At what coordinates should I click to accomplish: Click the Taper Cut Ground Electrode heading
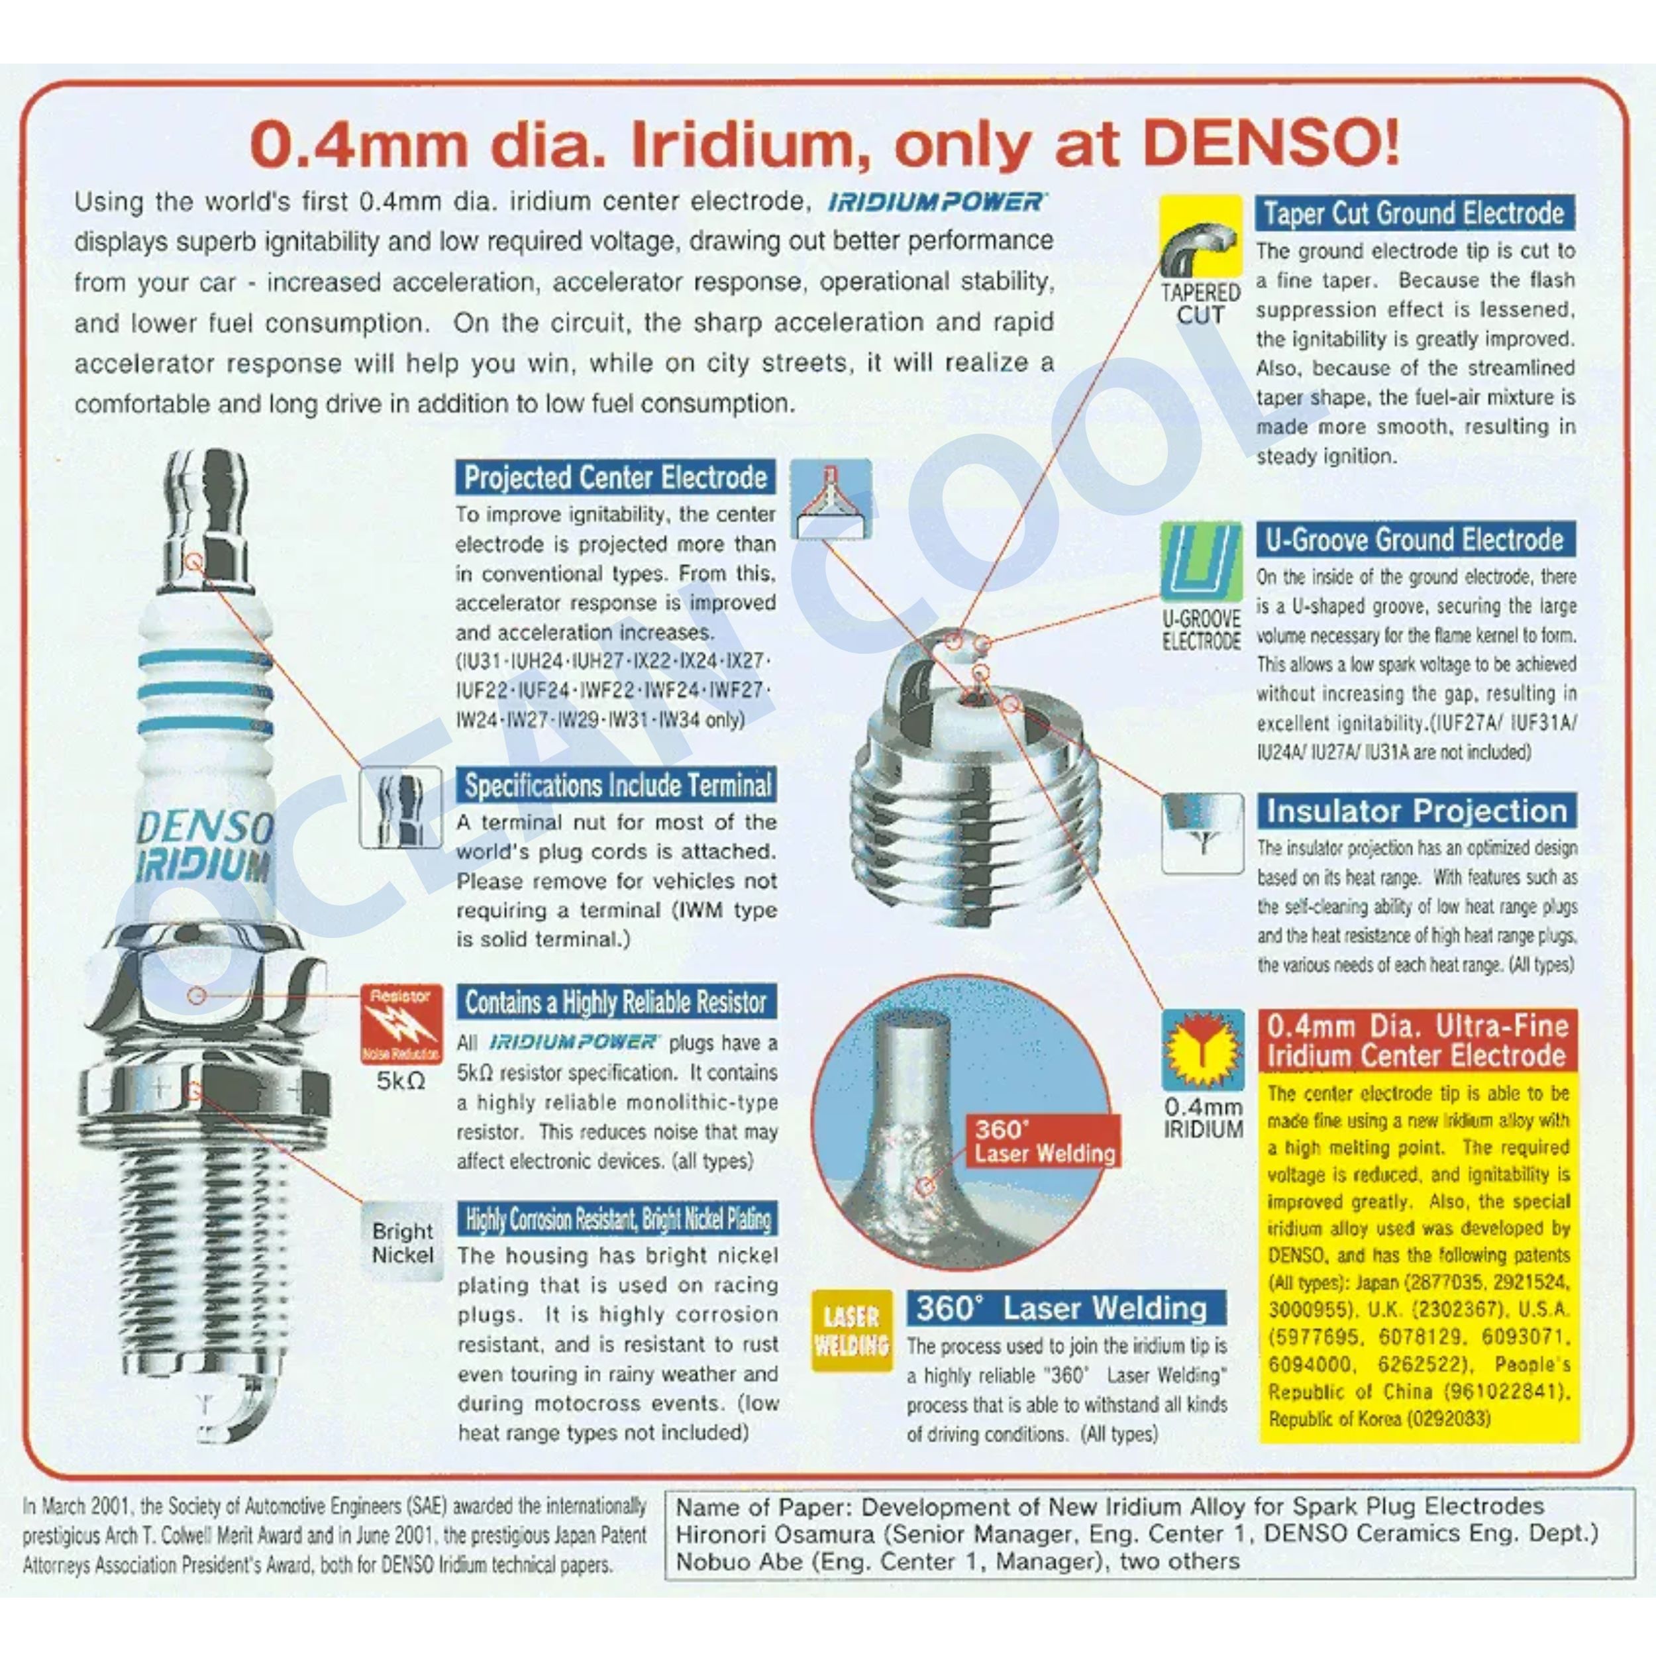pyautogui.click(x=1414, y=213)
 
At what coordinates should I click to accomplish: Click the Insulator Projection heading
pyautogui.click(x=1416, y=811)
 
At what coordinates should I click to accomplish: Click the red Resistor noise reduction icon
pyautogui.click(x=401, y=1023)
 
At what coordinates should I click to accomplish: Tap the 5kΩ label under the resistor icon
pyautogui.click(x=401, y=1081)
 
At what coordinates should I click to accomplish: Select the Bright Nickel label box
pyautogui.click(x=402, y=1243)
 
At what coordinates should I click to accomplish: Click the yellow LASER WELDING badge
pyautogui.click(x=851, y=1330)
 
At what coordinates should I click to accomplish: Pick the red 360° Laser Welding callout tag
pyautogui.click(x=1044, y=1141)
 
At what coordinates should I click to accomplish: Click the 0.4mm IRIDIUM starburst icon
pyautogui.click(x=1202, y=1050)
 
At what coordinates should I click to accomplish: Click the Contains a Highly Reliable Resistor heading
pyautogui.click(x=615, y=1002)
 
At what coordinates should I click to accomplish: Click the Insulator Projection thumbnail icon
pyautogui.click(x=1202, y=832)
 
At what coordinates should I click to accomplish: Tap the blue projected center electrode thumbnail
pyautogui.click(x=830, y=499)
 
